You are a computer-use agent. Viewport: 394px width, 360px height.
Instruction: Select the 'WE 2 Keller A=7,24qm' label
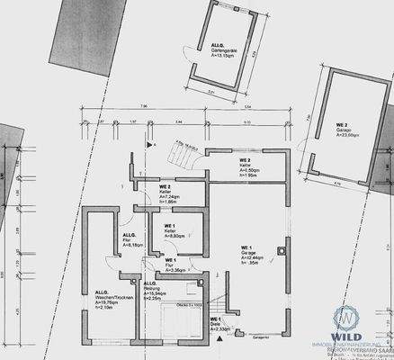click(147, 189)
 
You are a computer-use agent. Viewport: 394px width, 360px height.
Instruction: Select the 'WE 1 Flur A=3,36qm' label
click(175, 265)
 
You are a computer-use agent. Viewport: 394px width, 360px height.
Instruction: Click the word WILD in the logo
click(346, 337)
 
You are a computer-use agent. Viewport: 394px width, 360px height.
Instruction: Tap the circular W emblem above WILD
click(346, 317)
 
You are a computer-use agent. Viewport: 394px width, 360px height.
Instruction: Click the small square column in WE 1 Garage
click(282, 251)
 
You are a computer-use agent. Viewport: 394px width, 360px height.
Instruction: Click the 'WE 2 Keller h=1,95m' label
click(225, 175)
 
